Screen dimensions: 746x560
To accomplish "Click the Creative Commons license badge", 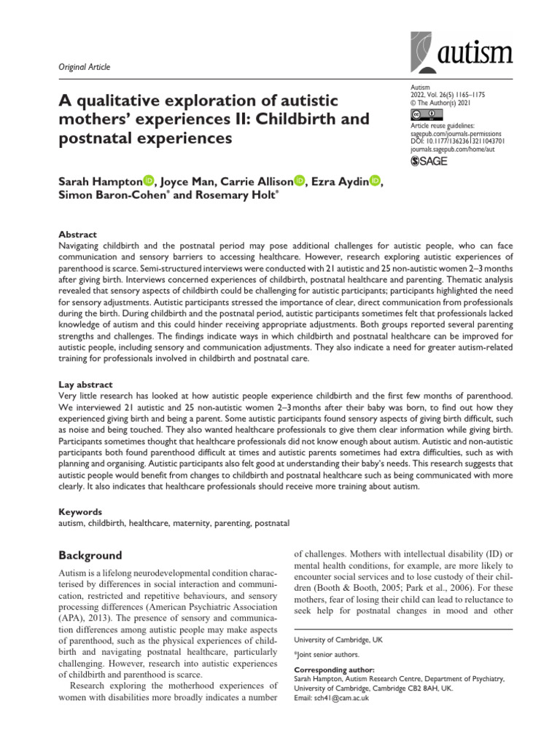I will point(427,114).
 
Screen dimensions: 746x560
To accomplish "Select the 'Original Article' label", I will point(84,67).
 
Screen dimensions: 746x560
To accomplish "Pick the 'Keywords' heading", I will point(80,512).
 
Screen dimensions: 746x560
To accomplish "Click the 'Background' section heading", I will point(90,555).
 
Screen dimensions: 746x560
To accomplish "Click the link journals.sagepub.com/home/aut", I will point(462,148).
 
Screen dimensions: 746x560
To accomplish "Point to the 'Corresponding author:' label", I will point(333,669).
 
